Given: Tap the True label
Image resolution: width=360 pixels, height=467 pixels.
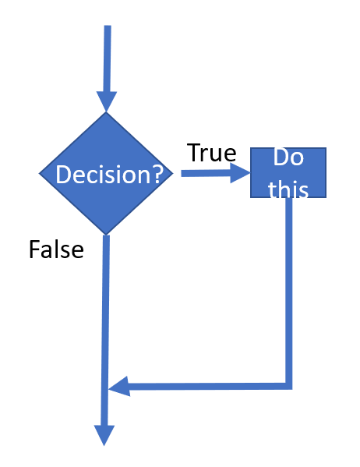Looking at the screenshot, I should point(210,153).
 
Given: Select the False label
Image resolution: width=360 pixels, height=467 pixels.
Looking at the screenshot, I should point(55,250).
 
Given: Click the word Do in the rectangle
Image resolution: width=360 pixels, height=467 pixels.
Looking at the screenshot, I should point(288,158).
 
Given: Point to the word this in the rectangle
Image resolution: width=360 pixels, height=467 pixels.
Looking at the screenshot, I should point(288,189).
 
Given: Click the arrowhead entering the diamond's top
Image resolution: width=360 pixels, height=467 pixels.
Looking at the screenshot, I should point(107,101).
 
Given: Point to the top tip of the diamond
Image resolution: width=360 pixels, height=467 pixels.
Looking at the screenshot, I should point(107,113).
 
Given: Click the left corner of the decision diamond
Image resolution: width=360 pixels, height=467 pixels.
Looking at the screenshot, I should point(41,173).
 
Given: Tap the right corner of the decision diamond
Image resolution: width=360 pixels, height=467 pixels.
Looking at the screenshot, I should point(173,173).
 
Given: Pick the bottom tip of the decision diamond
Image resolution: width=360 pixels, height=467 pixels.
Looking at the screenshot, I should point(107,234).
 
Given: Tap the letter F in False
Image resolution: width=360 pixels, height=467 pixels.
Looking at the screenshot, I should point(34,250).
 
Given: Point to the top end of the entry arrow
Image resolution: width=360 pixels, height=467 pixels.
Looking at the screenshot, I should point(108,28).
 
